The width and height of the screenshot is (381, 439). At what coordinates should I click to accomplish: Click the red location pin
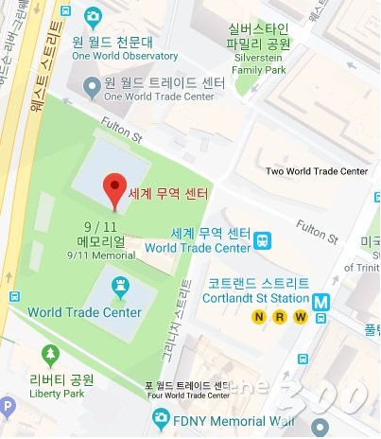(114, 188)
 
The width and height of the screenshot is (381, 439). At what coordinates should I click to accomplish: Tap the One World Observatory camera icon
(93, 17)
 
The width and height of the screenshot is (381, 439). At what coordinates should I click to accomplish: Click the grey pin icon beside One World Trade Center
(91, 88)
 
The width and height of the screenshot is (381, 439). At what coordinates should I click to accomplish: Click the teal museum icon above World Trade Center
(121, 285)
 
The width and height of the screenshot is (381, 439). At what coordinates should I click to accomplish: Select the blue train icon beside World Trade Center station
(262, 241)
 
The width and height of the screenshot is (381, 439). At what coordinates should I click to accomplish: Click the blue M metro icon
(322, 301)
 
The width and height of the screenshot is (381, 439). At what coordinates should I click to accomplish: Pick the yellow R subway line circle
(278, 318)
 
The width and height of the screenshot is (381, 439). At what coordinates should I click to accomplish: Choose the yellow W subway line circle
(300, 318)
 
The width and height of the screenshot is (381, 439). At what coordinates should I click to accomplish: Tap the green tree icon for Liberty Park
(50, 357)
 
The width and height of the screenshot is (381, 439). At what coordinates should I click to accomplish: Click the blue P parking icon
(7, 409)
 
